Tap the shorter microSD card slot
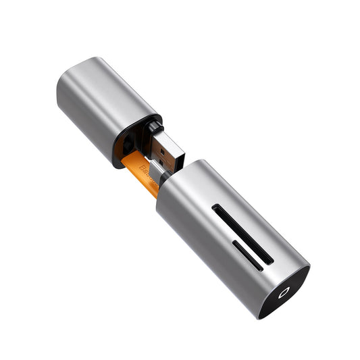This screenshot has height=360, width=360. coord(247,255)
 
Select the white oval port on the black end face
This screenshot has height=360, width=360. coord(282,293)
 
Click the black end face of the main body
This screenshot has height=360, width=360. coord(284,291)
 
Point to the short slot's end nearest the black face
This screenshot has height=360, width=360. coord(261,267)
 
